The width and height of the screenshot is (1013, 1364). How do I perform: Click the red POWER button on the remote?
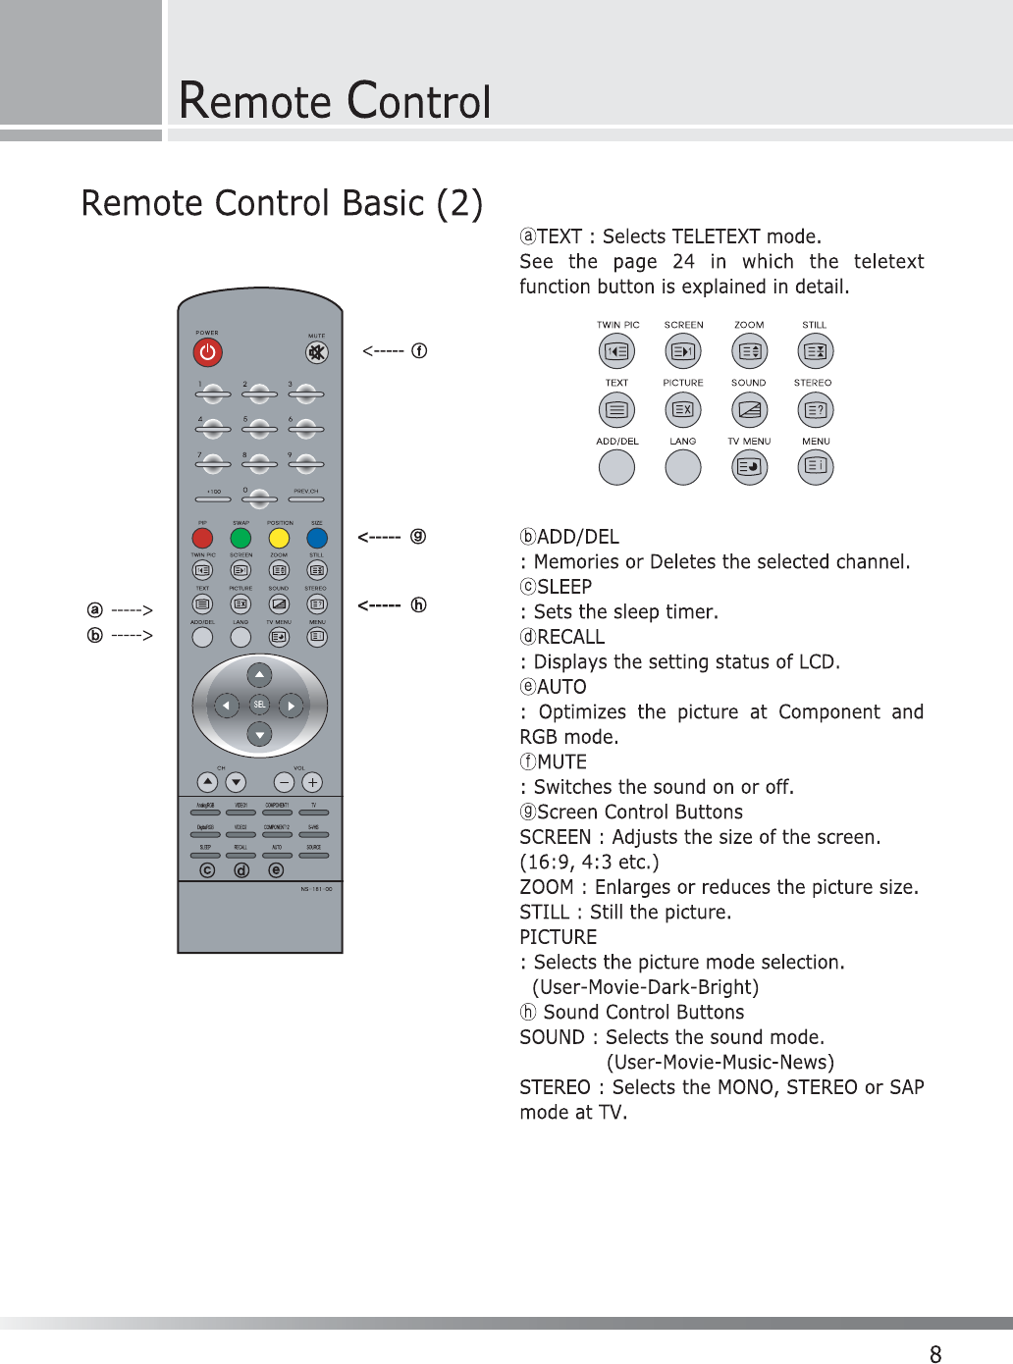[207, 351]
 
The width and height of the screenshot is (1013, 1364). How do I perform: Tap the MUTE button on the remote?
[316, 351]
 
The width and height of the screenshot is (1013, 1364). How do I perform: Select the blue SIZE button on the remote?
[317, 538]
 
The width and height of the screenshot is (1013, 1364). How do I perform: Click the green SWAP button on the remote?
[240, 538]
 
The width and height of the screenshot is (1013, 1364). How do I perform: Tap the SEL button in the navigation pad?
[259, 705]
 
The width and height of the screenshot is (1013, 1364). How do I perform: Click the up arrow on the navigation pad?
[259, 675]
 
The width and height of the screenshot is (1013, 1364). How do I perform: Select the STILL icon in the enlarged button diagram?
[815, 350]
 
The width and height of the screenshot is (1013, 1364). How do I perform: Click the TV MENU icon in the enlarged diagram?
[750, 467]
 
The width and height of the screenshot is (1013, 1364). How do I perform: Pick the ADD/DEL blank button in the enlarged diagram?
[616, 467]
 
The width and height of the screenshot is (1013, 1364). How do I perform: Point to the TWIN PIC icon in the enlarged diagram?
[616, 350]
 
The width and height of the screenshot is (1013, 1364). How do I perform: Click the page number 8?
[935, 1354]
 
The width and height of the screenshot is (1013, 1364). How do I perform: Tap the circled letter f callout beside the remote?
[419, 350]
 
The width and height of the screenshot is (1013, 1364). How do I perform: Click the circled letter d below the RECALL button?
[241, 870]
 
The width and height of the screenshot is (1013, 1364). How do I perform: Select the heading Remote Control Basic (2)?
[282, 203]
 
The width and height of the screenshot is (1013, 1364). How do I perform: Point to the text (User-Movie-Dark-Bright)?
[645, 987]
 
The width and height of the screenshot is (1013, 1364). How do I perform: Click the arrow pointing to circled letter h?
[379, 605]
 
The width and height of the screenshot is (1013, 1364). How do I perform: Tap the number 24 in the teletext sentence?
[683, 262]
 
